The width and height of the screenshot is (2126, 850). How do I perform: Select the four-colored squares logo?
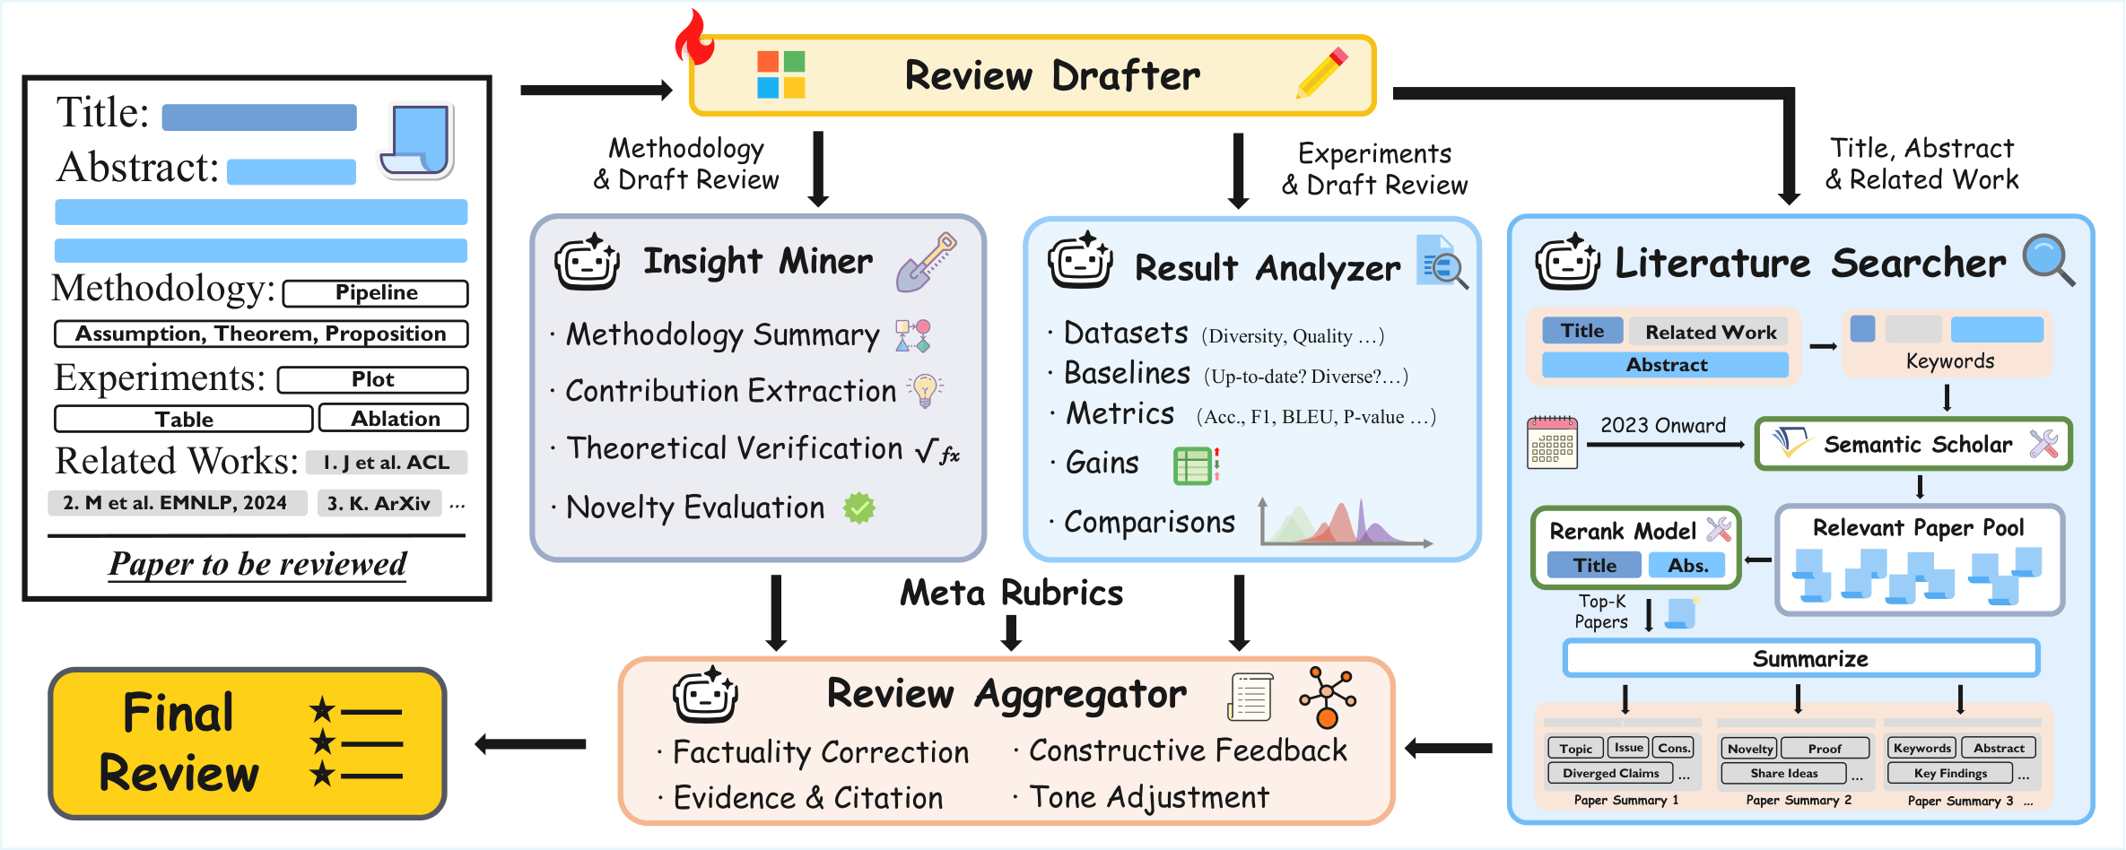pos(780,74)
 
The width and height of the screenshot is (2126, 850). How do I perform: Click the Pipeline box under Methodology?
pos(376,293)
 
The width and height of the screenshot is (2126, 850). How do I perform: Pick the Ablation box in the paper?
pos(394,419)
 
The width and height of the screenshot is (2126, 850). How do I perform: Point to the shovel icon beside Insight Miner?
pos(926,262)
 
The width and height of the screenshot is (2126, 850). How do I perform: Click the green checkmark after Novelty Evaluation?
pos(858,508)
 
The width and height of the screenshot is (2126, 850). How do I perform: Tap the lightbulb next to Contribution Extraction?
pos(925,390)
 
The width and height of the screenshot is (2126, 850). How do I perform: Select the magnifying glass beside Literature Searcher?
pos(2048,260)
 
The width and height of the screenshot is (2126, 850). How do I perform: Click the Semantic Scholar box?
pos(1913,444)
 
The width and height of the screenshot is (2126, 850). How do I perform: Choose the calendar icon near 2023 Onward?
pos(1552,442)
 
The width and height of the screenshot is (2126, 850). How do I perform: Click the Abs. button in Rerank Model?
pos(1687,566)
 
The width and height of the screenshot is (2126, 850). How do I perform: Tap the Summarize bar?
pos(1801,659)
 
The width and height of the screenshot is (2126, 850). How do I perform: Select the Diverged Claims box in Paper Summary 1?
pos(1610,774)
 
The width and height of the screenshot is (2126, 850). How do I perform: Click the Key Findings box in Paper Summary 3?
pos(1950,774)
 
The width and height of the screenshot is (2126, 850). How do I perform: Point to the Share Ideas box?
pos(1783,774)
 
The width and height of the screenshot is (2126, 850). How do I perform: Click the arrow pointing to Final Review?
pos(530,743)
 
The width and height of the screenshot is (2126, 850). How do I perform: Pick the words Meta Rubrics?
pos(1011,594)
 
